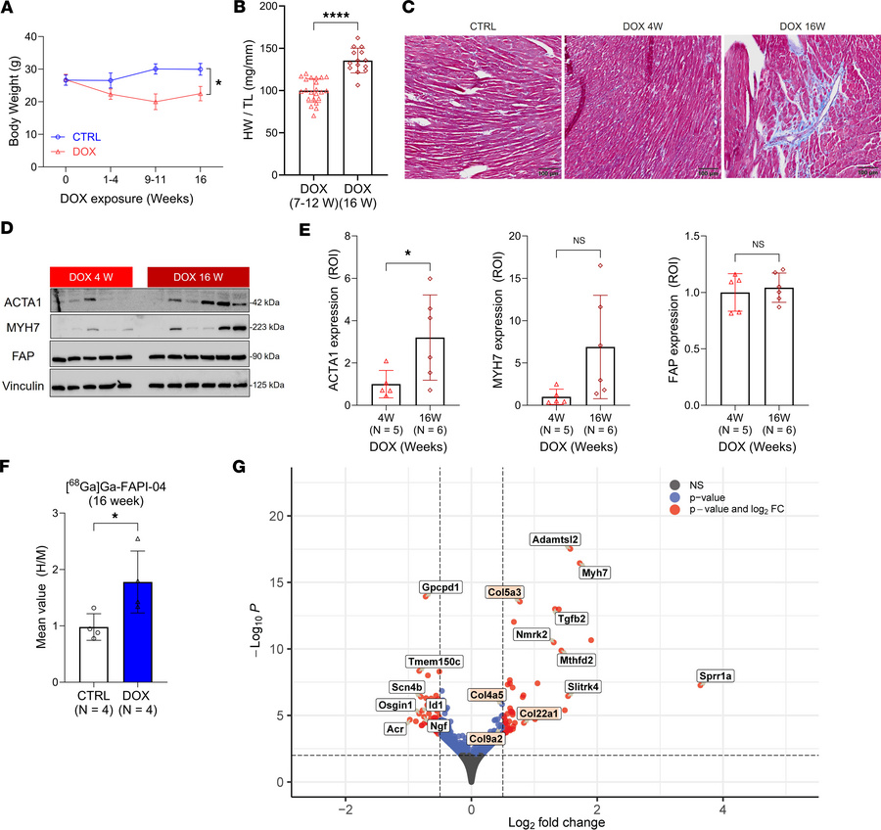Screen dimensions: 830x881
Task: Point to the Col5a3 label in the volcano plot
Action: [x=511, y=592]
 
